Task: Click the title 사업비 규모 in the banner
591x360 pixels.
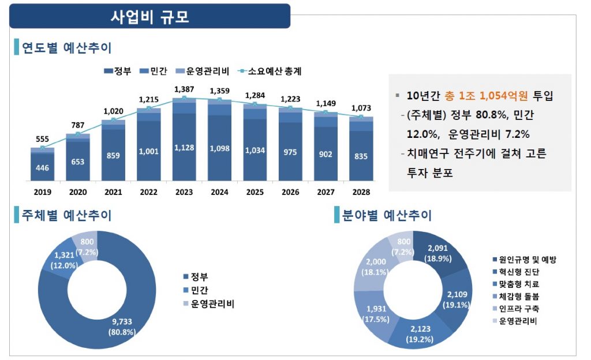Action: (x=149, y=16)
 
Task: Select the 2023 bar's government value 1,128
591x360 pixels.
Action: (x=184, y=148)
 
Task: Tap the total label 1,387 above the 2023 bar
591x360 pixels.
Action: (x=184, y=89)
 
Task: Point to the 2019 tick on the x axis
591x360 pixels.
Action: (x=43, y=192)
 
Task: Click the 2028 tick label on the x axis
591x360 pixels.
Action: (x=361, y=192)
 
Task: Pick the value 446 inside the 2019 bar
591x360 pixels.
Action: (x=43, y=168)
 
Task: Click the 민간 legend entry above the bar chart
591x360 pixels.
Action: (x=158, y=72)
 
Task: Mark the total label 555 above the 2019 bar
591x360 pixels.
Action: (x=43, y=139)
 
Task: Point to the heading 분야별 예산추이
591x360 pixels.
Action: (x=386, y=216)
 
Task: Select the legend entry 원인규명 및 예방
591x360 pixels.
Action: (x=528, y=260)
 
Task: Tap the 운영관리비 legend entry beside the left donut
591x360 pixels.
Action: (x=212, y=304)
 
